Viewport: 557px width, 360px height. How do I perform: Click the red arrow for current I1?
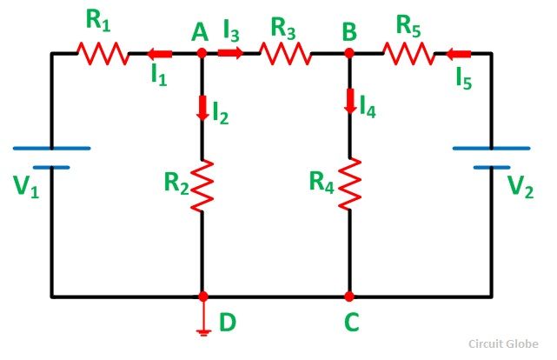click(x=160, y=53)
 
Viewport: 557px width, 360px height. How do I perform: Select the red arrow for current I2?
click(x=202, y=110)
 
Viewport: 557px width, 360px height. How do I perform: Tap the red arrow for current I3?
click(x=230, y=53)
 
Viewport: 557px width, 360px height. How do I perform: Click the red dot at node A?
click(x=202, y=53)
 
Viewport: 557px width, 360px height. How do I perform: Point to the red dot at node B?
click(x=349, y=53)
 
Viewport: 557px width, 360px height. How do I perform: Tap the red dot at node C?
click(x=349, y=297)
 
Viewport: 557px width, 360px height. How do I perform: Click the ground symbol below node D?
click(x=202, y=326)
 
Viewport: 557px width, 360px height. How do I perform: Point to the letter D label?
click(x=227, y=323)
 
